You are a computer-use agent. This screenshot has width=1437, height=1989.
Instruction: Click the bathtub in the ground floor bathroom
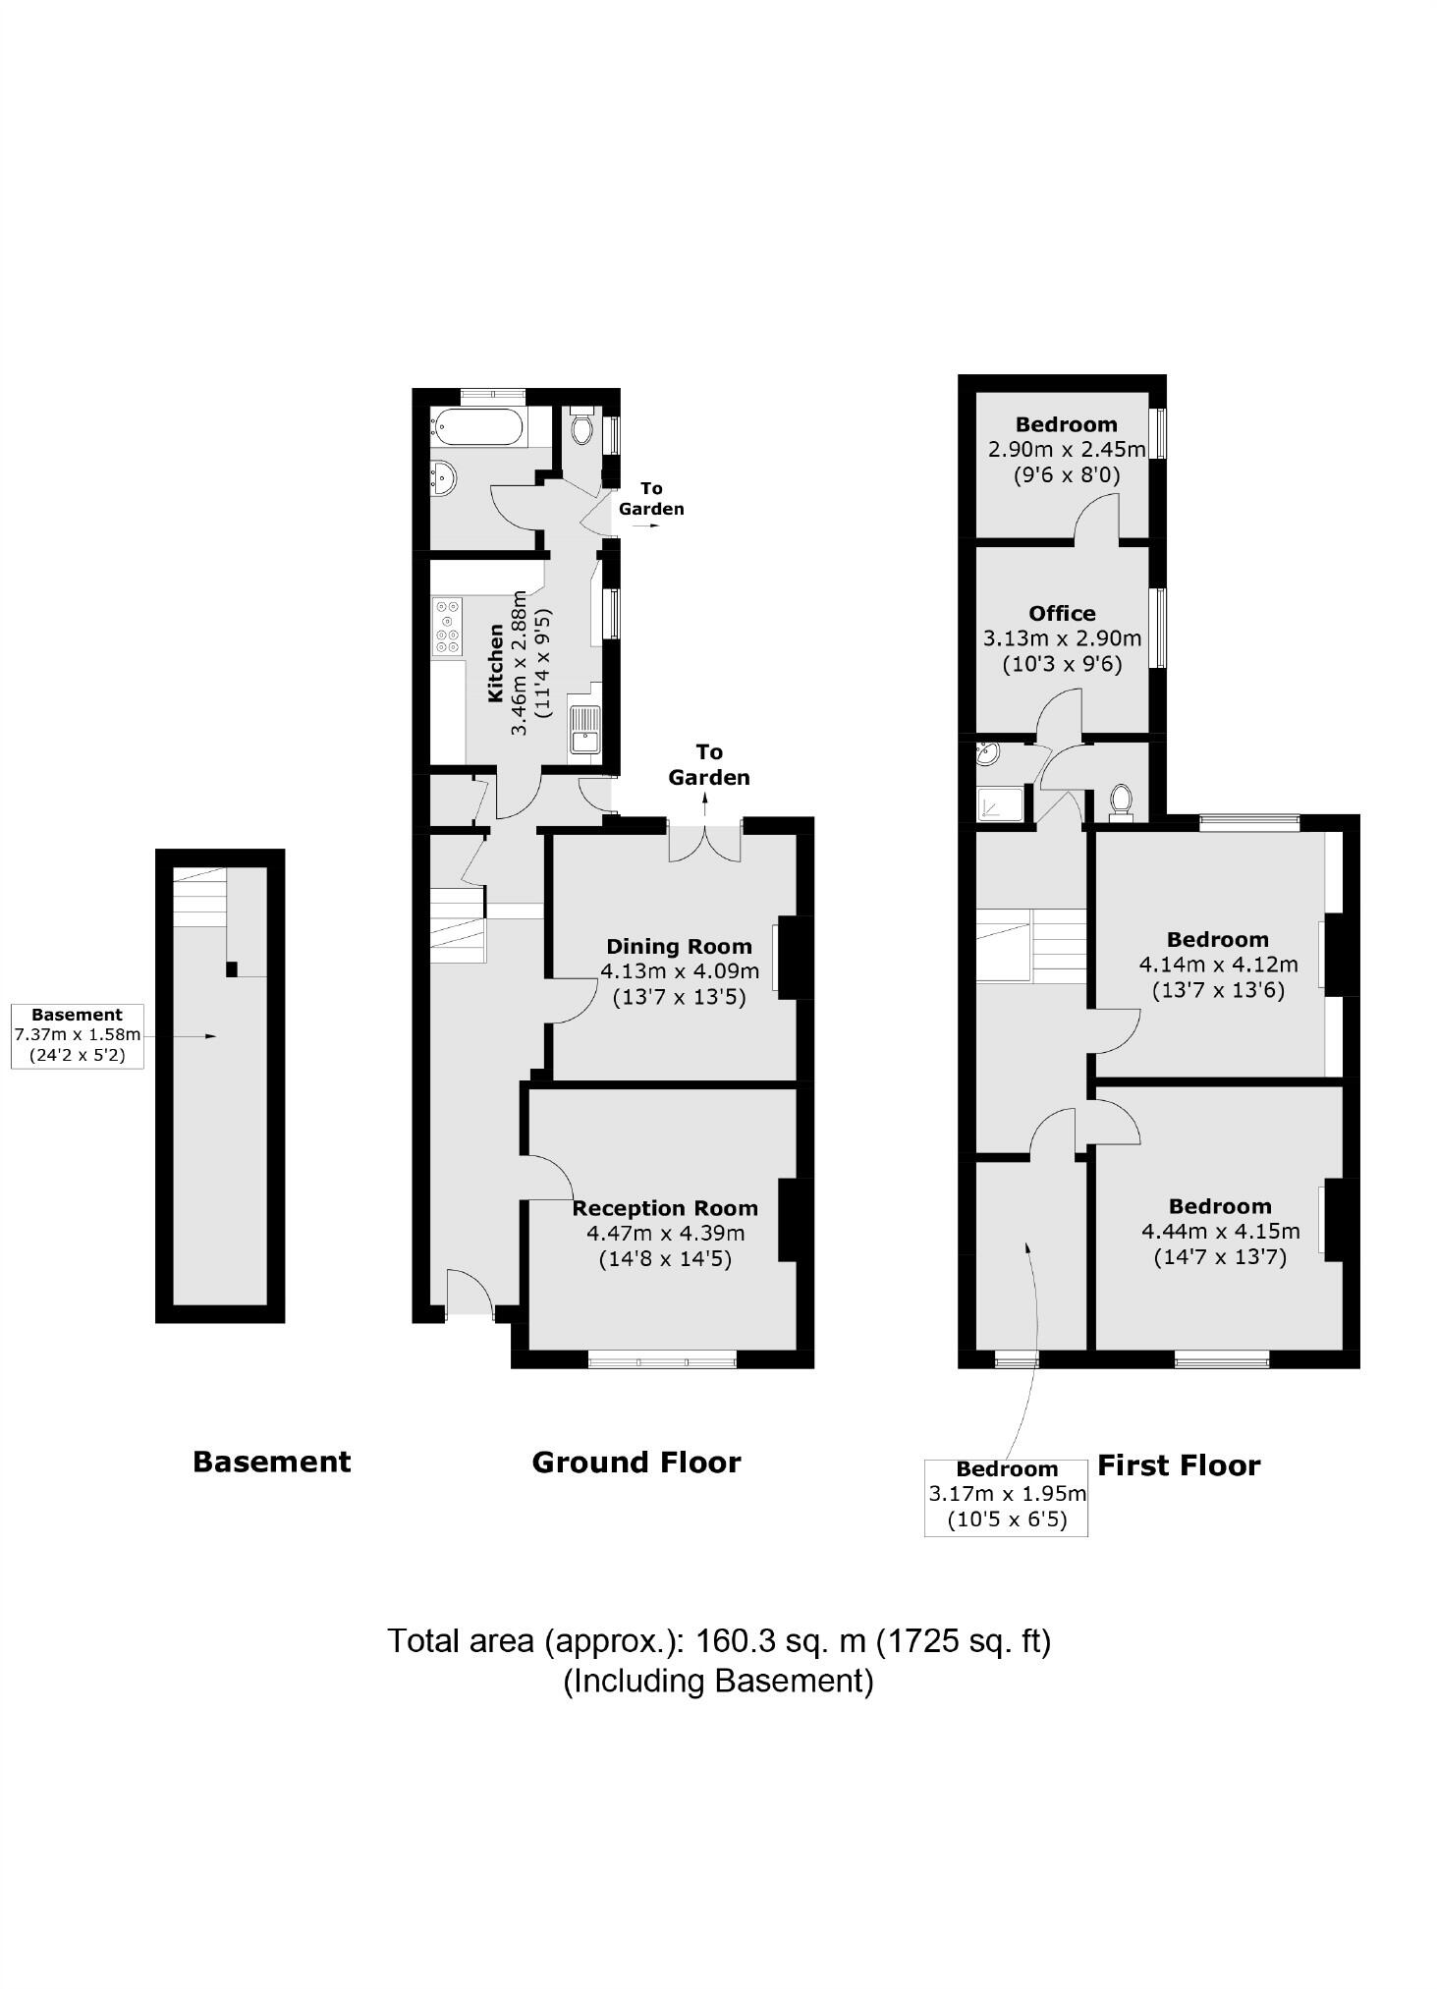click(x=475, y=428)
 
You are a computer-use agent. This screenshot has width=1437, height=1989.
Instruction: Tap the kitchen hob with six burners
click(x=448, y=628)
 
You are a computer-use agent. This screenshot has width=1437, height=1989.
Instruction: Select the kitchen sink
click(x=585, y=730)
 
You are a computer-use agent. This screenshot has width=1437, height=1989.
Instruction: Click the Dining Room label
click(x=679, y=946)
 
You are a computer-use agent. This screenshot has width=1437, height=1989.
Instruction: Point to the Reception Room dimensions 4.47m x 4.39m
click(x=665, y=1234)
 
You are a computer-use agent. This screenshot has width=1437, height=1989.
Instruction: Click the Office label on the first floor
click(x=1062, y=613)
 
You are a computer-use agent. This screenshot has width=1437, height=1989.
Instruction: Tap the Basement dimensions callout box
click(x=78, y=1036)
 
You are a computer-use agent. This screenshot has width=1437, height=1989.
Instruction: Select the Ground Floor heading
click(x=636, y=1463)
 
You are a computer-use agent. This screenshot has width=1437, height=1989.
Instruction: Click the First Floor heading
click(x=1179, y=1465)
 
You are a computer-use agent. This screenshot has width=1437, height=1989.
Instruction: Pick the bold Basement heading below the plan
click(x=271, y=1462)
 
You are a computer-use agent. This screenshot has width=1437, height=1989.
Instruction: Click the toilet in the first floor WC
click(x=1119, y=801)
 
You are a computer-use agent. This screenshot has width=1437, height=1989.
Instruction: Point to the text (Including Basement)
click(x=718, y=1681)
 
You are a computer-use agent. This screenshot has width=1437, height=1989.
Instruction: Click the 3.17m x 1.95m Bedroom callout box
click(x=1006, y=1498)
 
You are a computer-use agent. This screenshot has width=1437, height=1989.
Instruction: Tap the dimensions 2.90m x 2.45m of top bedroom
click(x=1066, y=450)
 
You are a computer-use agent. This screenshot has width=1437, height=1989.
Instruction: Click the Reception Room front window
click(x=662, y=1359)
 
